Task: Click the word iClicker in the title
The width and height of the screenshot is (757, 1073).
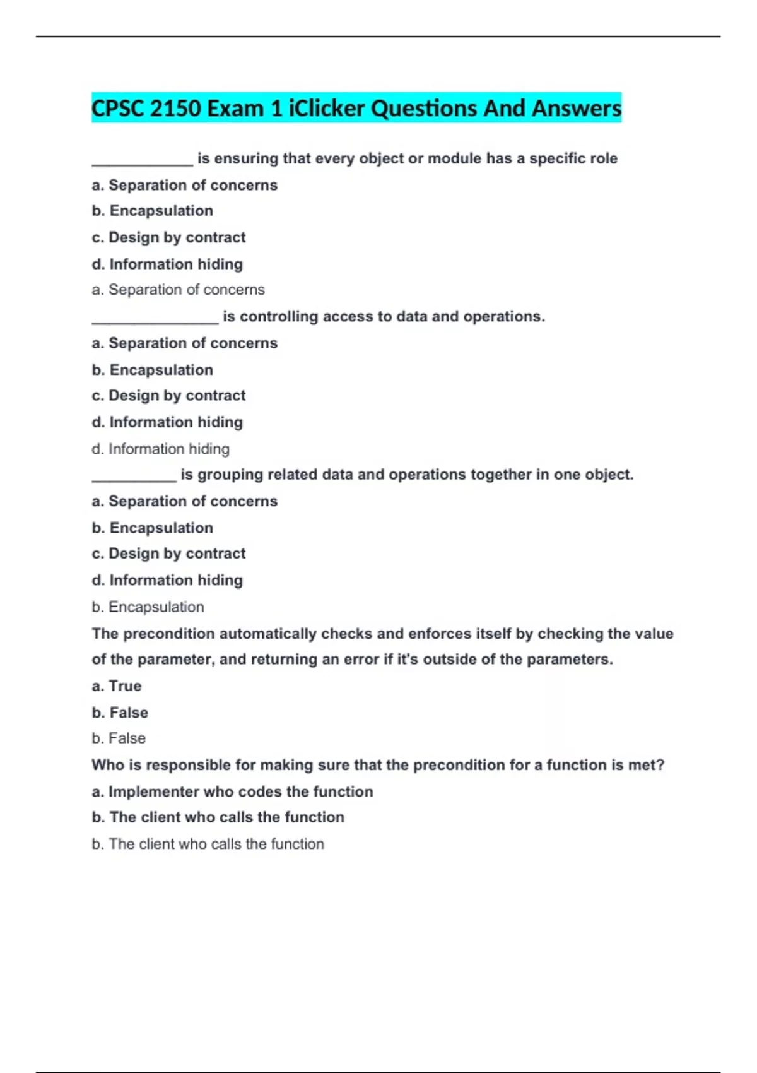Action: (326, 108)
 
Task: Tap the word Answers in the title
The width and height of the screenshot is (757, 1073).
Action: (577, 108)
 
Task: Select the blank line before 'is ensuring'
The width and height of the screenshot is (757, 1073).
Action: (143, 162)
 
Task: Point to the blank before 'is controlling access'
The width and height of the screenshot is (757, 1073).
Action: (155, 319)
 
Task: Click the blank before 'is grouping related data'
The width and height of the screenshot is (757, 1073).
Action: (134, 478)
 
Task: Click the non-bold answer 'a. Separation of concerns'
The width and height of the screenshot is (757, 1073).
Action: (178, 290)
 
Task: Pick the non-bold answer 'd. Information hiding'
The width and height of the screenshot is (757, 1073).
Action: (160, 449)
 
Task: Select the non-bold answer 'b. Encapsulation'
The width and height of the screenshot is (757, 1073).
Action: (148, 607)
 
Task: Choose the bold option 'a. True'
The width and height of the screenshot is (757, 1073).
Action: (117, 685)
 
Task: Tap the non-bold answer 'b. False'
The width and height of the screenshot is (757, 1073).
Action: (119, 738)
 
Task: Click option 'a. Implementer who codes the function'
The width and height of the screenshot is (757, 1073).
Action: (232, 791)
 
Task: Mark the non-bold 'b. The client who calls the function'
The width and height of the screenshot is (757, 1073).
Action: (208, 844)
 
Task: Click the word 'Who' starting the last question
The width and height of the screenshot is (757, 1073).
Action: (108, 765)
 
